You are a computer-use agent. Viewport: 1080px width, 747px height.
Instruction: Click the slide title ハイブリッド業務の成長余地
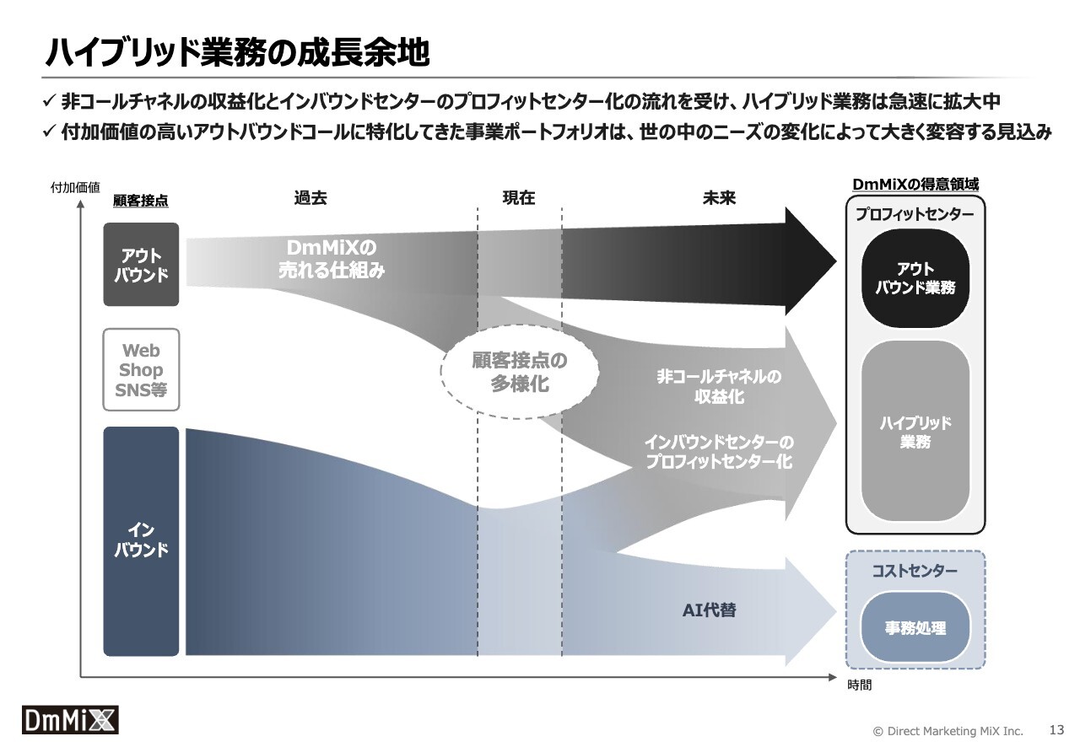pos(237,52)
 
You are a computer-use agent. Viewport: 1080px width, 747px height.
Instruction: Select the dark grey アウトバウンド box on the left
pos(141,264)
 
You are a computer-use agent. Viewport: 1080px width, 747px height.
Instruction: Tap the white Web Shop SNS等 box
pos(141,369)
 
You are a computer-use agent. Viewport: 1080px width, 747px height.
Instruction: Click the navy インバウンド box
pos(141,541)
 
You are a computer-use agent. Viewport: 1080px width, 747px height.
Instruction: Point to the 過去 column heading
pos(310,197)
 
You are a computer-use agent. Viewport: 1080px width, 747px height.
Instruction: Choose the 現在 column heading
pos(519,197)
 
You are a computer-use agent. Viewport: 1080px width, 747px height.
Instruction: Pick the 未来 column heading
pos(719,197)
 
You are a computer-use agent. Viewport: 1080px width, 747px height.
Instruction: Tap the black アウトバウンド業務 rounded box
pos(915,278)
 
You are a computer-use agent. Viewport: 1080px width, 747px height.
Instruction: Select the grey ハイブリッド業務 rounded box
pos(915,432)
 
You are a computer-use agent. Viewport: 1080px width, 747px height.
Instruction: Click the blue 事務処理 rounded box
pos(915,627)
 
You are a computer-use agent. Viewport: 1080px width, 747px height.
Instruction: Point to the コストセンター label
pos(915,571)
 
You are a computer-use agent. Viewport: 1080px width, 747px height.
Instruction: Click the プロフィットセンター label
pos(915,214)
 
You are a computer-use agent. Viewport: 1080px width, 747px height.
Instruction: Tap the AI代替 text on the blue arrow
pos(710,610)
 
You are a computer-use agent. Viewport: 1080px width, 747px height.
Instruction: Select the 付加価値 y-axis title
pos(75,187)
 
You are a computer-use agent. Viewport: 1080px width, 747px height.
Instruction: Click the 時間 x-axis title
pos(859,685)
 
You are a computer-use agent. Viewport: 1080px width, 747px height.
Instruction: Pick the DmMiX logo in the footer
pos(70,720)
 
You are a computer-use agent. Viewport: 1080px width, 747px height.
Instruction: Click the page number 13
pos(1056,729)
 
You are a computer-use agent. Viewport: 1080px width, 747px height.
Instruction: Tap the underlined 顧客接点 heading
pos(140,201)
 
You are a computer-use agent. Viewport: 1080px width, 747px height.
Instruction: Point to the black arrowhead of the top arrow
pos(810,261)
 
